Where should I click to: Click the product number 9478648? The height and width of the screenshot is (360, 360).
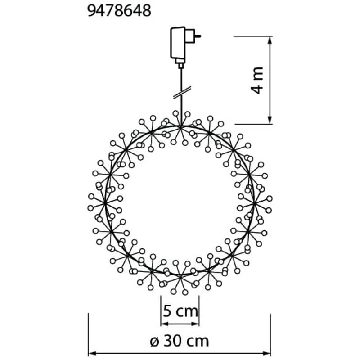pyautogui.click(x=119, y=11)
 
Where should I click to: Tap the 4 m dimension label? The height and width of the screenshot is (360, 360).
pyautogui.click(x=257, y=81)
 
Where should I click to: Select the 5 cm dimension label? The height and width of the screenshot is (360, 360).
pyautogui.click(x=180, y=311)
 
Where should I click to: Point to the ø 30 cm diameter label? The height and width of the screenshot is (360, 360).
pyautogui.click(x=180, y=341)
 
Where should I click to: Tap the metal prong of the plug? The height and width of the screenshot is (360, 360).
pyautogui.click(x=198, y=36)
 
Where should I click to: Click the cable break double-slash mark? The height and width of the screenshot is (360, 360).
pyautogui.click(x=182, y=93)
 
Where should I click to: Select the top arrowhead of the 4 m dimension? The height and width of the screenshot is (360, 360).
pyautogui.click(x=270, y=40)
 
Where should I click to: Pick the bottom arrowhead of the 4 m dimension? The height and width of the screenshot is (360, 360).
pyautogui.click(x=270, y=120)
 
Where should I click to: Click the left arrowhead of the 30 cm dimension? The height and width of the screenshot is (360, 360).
pyautogui.click(x=93, y=353)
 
